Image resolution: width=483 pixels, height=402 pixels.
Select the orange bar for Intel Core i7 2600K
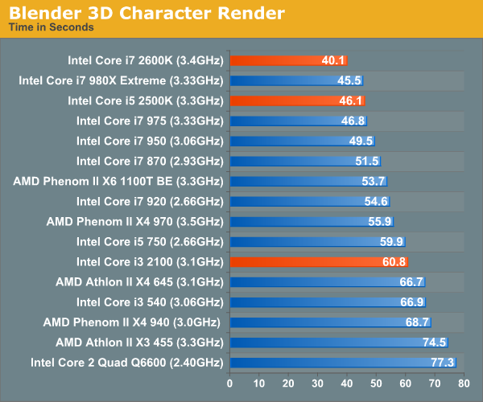click(288, 60)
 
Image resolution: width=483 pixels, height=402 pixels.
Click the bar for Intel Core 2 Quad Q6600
click(343, 363)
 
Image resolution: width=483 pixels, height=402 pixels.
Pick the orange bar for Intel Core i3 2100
click(319, 261)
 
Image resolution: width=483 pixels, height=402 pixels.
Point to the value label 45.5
click(350, 80)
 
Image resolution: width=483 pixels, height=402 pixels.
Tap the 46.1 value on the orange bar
click(352, 100)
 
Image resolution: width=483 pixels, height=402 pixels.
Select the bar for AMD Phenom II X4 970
click(312, 221)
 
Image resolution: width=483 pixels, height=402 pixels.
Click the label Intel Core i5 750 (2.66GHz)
click(149, 241)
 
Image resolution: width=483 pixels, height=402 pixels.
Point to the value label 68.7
click(418, 322)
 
